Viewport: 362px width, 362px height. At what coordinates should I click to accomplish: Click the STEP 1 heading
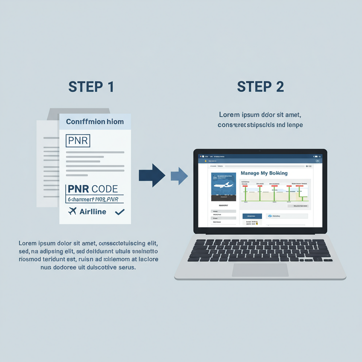91,87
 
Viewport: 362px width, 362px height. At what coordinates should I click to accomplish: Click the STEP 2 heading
260,87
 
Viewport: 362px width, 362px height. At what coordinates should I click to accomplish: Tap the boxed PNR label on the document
78,140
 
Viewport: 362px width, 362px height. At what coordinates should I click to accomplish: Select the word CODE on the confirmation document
105,189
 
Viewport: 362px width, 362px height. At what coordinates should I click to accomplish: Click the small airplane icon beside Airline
72,211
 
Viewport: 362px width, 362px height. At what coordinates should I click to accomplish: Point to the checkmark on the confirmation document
120,211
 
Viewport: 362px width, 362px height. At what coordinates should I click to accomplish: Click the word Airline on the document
93,211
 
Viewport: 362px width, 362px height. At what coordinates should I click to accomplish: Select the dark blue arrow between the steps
152,175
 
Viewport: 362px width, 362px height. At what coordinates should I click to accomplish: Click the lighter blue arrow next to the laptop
179,175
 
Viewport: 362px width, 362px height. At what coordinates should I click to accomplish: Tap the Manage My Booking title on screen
264,173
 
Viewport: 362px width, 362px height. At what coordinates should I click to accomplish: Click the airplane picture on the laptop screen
224,186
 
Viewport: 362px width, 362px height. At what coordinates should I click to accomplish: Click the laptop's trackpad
260,270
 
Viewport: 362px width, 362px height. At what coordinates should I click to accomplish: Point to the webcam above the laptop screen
260,151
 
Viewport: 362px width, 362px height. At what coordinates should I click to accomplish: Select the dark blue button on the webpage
252,216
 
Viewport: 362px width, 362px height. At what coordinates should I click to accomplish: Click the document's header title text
95,122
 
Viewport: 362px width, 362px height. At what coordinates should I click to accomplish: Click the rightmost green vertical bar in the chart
302,193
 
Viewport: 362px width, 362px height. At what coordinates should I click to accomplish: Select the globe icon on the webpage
270,216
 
